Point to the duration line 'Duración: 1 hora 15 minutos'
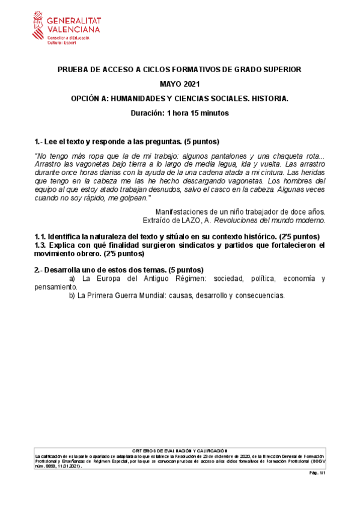180,112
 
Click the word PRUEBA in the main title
72,70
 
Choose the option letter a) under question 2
72,278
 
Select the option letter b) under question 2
72,295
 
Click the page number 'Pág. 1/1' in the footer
317,473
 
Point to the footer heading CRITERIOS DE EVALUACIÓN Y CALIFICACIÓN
180,450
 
